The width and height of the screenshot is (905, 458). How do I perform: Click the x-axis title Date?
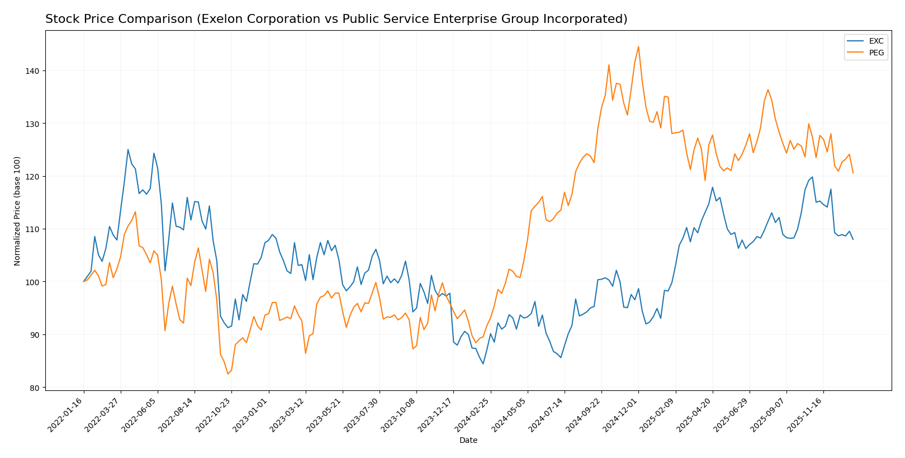[468, 441]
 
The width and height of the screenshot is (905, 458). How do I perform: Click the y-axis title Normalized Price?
[17, 211]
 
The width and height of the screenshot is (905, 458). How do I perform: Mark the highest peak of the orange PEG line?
[638, 46]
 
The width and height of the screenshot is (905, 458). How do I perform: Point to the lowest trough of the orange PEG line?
[228, 374]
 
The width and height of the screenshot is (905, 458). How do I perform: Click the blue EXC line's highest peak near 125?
[128, 149]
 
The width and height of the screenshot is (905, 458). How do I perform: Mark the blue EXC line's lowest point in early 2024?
[483, 364]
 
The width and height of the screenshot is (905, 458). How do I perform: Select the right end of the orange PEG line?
[853, 173]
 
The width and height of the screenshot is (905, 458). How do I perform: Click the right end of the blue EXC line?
[853, 239]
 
